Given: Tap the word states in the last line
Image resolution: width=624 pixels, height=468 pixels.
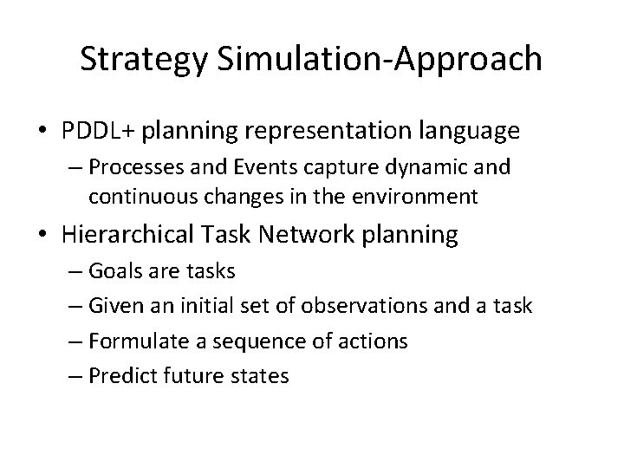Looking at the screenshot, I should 263,377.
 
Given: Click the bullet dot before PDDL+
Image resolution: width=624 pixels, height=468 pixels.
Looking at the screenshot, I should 43,132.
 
